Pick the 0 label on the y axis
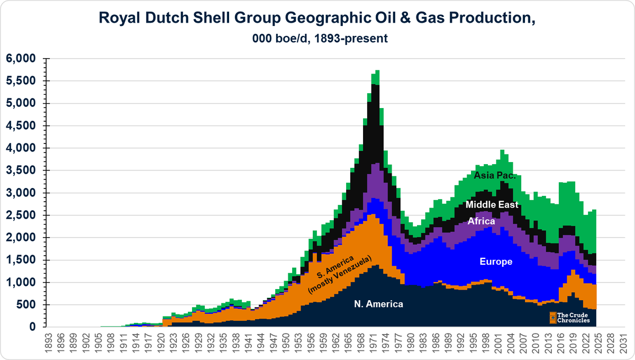[32, 328]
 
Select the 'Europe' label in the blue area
[495, 261]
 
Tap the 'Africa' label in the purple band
[481, 221]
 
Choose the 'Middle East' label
[492, 205]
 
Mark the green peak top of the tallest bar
[377, 71]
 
